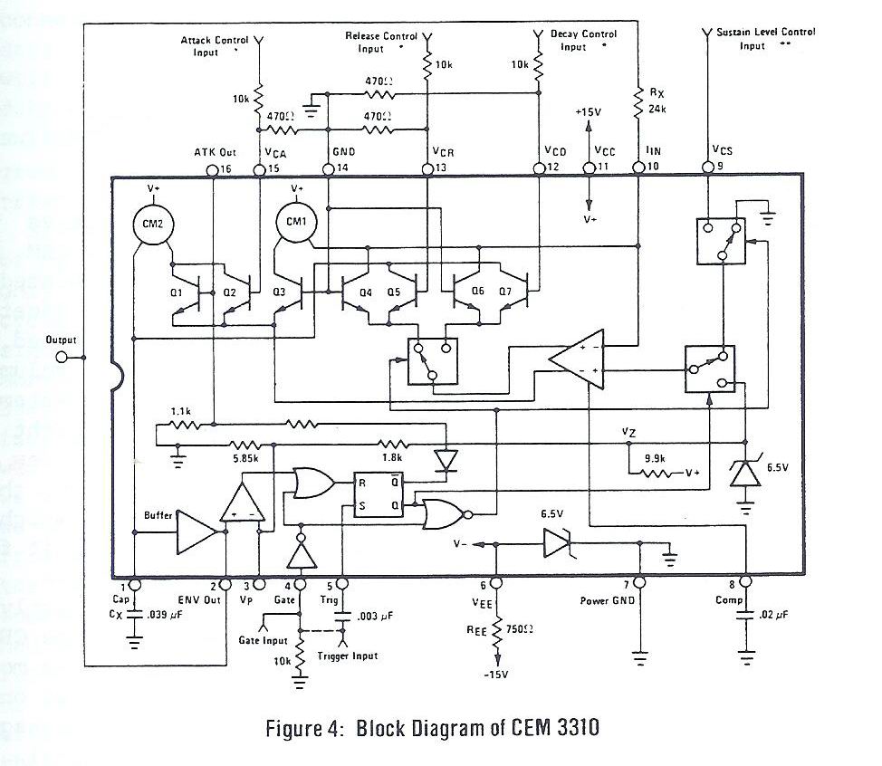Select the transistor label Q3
point(280,292)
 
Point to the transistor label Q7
point(504,292)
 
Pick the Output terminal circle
point(62,358)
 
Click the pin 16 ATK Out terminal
point(212,168)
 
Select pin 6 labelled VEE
point(496,583)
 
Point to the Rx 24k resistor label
point(658,102)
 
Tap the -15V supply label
point(496,675)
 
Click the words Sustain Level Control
point(766,32)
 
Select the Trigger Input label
point(349,656)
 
